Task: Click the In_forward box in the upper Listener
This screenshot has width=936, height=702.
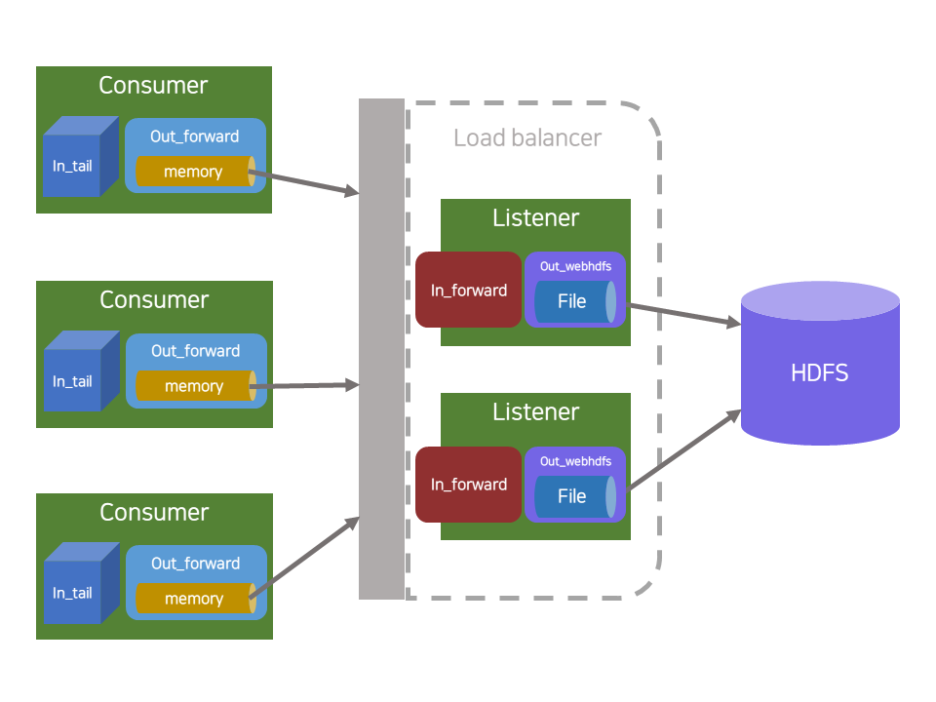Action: tap(469, 290)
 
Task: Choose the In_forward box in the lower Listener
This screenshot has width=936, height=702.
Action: tap(469, 485)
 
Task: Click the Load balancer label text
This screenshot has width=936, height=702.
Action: tap(527, 137)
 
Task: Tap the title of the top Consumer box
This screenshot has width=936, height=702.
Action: tap(153, 85)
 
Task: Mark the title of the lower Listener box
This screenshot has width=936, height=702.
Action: tap(535, 412)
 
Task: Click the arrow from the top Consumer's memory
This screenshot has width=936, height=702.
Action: tap(306, 185)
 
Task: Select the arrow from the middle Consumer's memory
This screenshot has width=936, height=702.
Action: tap(306, 386)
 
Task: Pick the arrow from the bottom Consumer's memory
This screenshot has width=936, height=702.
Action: tap(306, 557)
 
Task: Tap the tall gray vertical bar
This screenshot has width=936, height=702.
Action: tap(381, 348)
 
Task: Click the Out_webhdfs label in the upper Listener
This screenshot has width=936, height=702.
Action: tap(575, 266)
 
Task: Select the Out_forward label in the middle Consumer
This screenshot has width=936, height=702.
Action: tap(195, 351)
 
